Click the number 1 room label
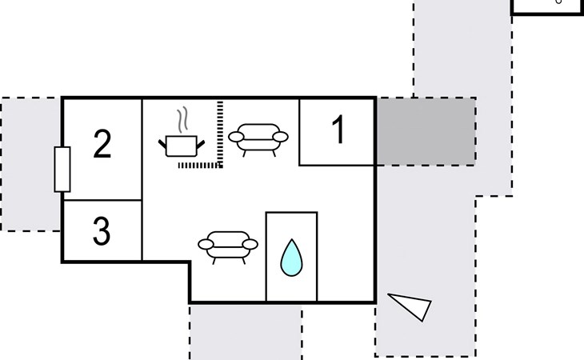[x=338, y=131]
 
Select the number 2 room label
[x=102, y=146]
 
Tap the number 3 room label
[x=101, y=231]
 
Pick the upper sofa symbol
[x=258, y=138]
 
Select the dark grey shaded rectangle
[x=426, y=132]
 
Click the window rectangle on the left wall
[x=62, y=170]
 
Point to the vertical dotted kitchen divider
[x=220, y=132]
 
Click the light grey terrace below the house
[x=245, y=332]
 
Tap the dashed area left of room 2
[x=30, y=164]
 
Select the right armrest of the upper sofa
[x=281, y=138]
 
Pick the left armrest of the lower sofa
[x=205, y=244]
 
